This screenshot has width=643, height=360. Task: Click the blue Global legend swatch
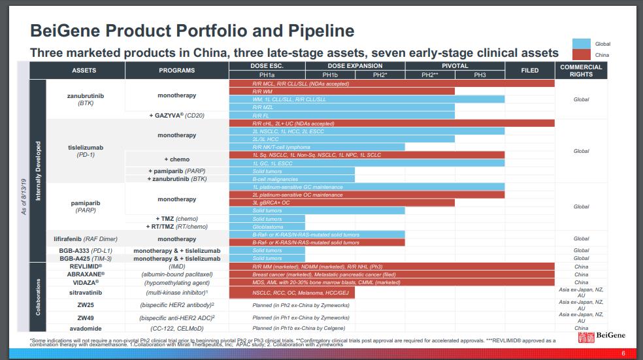click(581, 44)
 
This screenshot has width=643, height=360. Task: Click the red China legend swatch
click(581, 55)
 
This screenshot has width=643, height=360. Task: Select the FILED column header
click(530, 71)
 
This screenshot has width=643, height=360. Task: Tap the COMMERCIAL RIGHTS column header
click(581, 71)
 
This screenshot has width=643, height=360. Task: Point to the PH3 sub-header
click(480, 75)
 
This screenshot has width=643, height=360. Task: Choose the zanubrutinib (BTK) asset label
click(86, 99)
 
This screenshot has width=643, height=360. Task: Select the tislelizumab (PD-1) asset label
click(86, 151)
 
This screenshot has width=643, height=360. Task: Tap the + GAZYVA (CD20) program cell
click(176, 115)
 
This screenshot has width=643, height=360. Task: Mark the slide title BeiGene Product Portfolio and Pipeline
click(193, 31)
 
